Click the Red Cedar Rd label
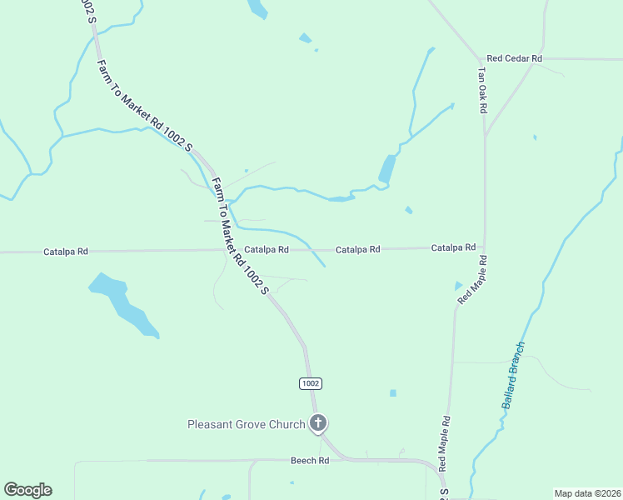click(515, 58)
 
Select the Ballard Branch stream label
click(514, 374)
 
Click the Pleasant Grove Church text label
click(246, 424)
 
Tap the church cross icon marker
click(317, 423)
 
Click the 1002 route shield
click(310, 383)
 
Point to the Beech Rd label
click(310, 460)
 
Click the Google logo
click(27, 490)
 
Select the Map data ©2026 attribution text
click(586, 493)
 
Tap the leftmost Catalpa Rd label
click(66, 251)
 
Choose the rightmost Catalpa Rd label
click(453, 247)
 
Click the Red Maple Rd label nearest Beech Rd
click(444, 443)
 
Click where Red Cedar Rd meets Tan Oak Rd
click(483, 59)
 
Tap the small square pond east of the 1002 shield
click(392, 393)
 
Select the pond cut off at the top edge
click(258, 8)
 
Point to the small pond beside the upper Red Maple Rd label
click(457, 286)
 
